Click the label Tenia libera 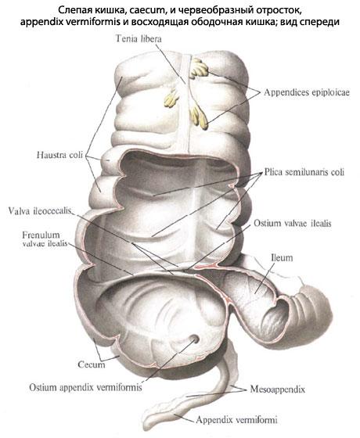139,38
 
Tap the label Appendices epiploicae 307,92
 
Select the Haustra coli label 59,155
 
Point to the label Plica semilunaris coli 304,172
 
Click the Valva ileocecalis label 40,210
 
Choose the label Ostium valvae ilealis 293,223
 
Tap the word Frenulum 41,235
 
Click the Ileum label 282,257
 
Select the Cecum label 92,364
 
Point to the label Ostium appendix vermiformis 85,387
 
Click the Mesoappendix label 278,390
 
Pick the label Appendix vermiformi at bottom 236,420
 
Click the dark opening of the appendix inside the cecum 195,339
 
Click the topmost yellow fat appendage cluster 199,68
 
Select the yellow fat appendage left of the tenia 171,98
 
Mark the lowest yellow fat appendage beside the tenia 199,117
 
